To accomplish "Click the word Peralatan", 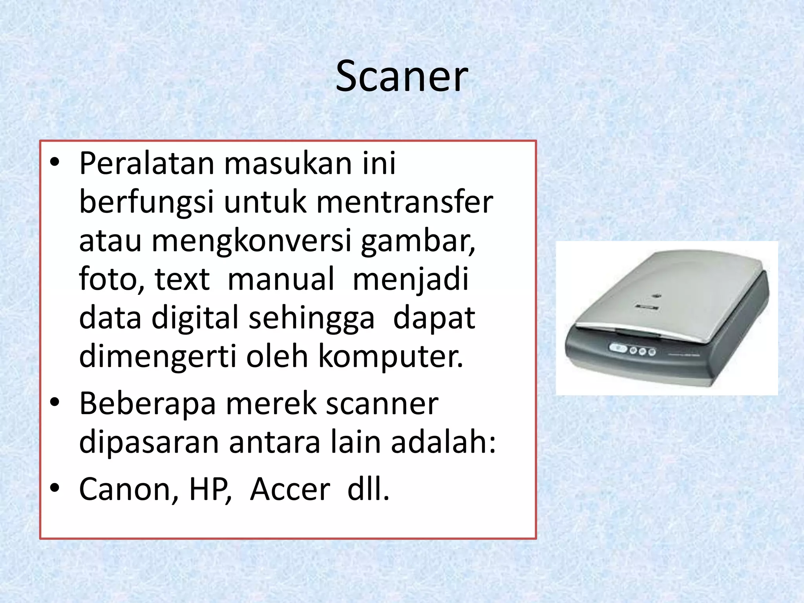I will click(146, 163).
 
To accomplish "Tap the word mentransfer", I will click(404, 202).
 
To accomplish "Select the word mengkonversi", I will click(251, 241).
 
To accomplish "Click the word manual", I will click(281, 279).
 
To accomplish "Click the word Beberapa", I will click(147, 404).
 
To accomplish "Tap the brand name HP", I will click(209, 489).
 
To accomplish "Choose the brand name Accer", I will click(290, 489).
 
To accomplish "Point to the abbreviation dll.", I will click(368, 489).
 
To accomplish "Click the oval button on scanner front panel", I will click(618, 348).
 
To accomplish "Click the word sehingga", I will click(311, 318).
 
